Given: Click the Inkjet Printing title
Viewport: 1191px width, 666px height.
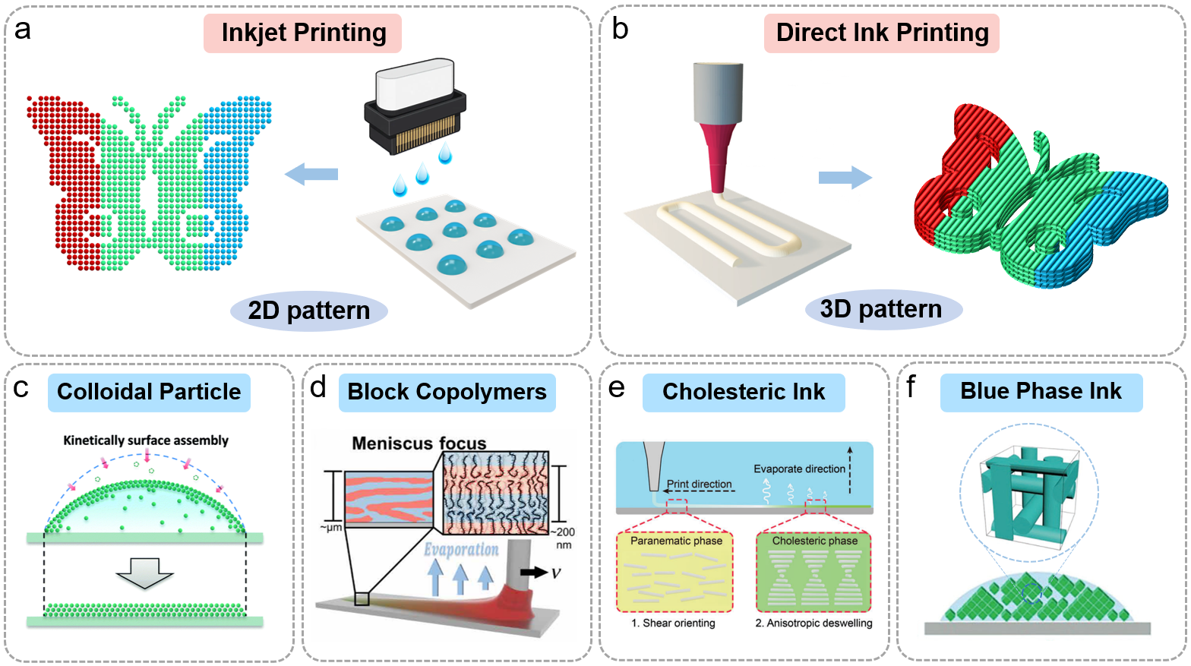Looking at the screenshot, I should (303, 33).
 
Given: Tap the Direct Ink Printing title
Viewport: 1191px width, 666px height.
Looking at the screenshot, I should (882, 33).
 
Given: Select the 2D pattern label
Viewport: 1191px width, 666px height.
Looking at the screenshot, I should (309, 311).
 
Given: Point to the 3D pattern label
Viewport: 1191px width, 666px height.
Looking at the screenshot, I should (881, 309).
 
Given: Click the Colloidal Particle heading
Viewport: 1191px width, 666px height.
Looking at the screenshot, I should (149, 392).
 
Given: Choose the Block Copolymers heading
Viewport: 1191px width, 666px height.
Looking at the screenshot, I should (447, 392).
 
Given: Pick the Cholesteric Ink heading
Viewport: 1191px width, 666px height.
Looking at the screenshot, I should (744, 392).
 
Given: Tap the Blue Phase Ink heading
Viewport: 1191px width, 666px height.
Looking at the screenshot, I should (1041, 391).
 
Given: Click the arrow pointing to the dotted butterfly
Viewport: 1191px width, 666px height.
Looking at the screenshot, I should (311, 174).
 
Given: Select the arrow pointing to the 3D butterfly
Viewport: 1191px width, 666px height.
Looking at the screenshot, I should (845, 177).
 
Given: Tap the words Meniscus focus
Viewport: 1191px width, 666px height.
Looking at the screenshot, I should (419, 443).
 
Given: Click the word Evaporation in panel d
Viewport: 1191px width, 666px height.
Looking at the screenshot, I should (461, 550).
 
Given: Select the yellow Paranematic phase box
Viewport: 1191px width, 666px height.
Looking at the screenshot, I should (675, 572).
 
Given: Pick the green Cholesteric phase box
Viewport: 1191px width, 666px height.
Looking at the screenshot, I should (814, 572).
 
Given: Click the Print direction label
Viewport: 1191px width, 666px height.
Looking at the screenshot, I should (699, 484).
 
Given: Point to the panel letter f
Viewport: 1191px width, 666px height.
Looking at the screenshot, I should (911, 387).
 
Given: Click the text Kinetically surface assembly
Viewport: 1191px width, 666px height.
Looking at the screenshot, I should (146, 440).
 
